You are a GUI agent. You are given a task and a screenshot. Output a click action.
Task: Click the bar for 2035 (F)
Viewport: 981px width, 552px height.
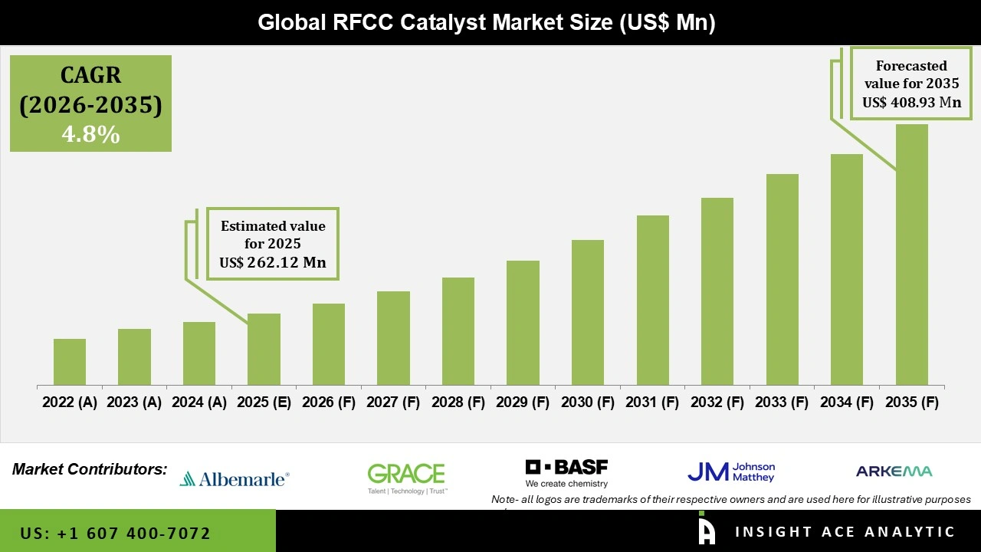click(911, 255)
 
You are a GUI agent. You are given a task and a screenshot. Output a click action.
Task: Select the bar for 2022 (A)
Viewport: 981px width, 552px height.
click(70, 362)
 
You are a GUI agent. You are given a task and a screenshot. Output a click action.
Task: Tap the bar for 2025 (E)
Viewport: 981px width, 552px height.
click(264, 350)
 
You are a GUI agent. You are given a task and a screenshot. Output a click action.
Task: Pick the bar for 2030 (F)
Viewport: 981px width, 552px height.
click(588, 313)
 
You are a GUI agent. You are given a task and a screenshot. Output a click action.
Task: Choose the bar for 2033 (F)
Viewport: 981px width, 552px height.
click(782, 280)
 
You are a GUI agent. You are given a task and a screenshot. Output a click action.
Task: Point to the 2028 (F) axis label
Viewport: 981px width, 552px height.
click(458, 402)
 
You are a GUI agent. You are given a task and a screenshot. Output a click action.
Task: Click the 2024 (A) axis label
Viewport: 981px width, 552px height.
click(198, 402)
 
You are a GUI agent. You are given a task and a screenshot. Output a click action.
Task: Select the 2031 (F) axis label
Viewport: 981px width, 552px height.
click(652, 402)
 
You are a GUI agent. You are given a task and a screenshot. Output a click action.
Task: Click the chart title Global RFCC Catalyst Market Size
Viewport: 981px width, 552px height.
click(486, 22)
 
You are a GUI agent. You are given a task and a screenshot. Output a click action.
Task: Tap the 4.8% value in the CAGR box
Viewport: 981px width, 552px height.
click(90, 135)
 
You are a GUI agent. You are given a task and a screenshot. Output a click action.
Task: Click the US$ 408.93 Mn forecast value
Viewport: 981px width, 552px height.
click(911, 102)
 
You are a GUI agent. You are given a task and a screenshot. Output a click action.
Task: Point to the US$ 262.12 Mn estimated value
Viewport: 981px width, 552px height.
click(273, 263)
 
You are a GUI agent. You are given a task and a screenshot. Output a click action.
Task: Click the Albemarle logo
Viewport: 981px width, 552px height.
click(235, 479)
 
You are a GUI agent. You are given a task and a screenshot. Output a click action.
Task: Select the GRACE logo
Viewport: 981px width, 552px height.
click(406, 478)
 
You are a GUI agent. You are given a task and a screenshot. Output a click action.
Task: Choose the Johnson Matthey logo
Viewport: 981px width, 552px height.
click(731, 472)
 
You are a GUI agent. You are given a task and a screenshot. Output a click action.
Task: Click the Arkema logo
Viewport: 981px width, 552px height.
click(894, 472)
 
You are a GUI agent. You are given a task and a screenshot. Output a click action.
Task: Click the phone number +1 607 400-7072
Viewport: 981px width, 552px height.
click(116, 533)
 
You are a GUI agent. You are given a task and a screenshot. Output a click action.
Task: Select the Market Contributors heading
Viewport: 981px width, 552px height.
click(90, 468)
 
